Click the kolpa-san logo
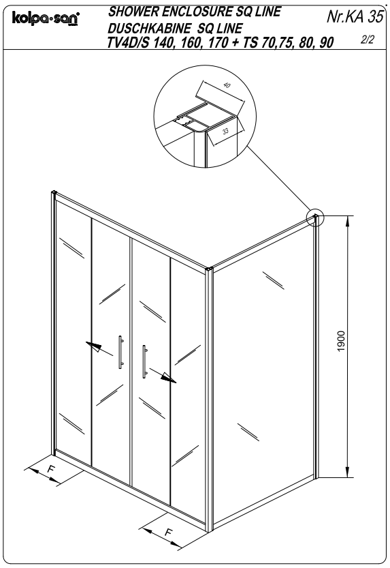click(46, 18)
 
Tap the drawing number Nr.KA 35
click(354, 16)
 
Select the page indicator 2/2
click(367, 40)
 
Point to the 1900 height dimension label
click(341, 341)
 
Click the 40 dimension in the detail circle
click(227, 85)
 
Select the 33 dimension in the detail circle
click(225, 131)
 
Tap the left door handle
click(120, 352)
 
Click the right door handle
click(144, 361)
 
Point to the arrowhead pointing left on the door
click(93, 346)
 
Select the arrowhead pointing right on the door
click(169, 378)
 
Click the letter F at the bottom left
click(52, 468)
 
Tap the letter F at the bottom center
click(168, 532)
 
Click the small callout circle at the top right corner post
click(316, 218)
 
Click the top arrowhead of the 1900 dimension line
click(347, 222)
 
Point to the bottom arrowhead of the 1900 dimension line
click(347, 471)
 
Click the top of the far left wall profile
click(54, 193)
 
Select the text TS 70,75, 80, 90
click(288, 43)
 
